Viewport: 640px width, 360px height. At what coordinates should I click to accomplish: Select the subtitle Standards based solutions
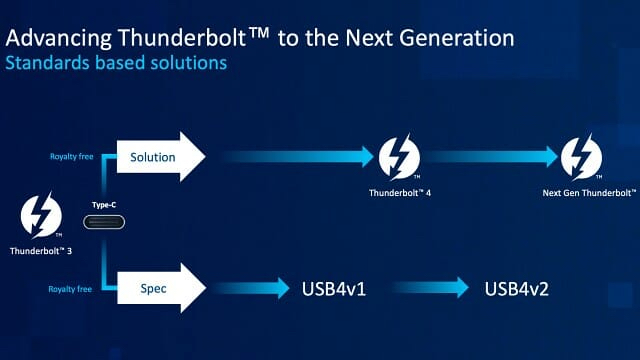117,63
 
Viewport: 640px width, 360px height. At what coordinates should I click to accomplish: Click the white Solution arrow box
156,157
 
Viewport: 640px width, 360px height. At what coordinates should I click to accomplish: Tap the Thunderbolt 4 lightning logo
398,156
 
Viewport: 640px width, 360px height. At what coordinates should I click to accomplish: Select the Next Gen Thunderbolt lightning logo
580,156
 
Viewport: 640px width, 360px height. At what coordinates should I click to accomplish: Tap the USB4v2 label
519,289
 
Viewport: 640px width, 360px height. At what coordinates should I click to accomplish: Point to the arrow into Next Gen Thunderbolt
490,156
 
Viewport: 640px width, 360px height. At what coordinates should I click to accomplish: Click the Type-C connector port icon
103,221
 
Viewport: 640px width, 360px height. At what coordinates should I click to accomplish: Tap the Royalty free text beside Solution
72,157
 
